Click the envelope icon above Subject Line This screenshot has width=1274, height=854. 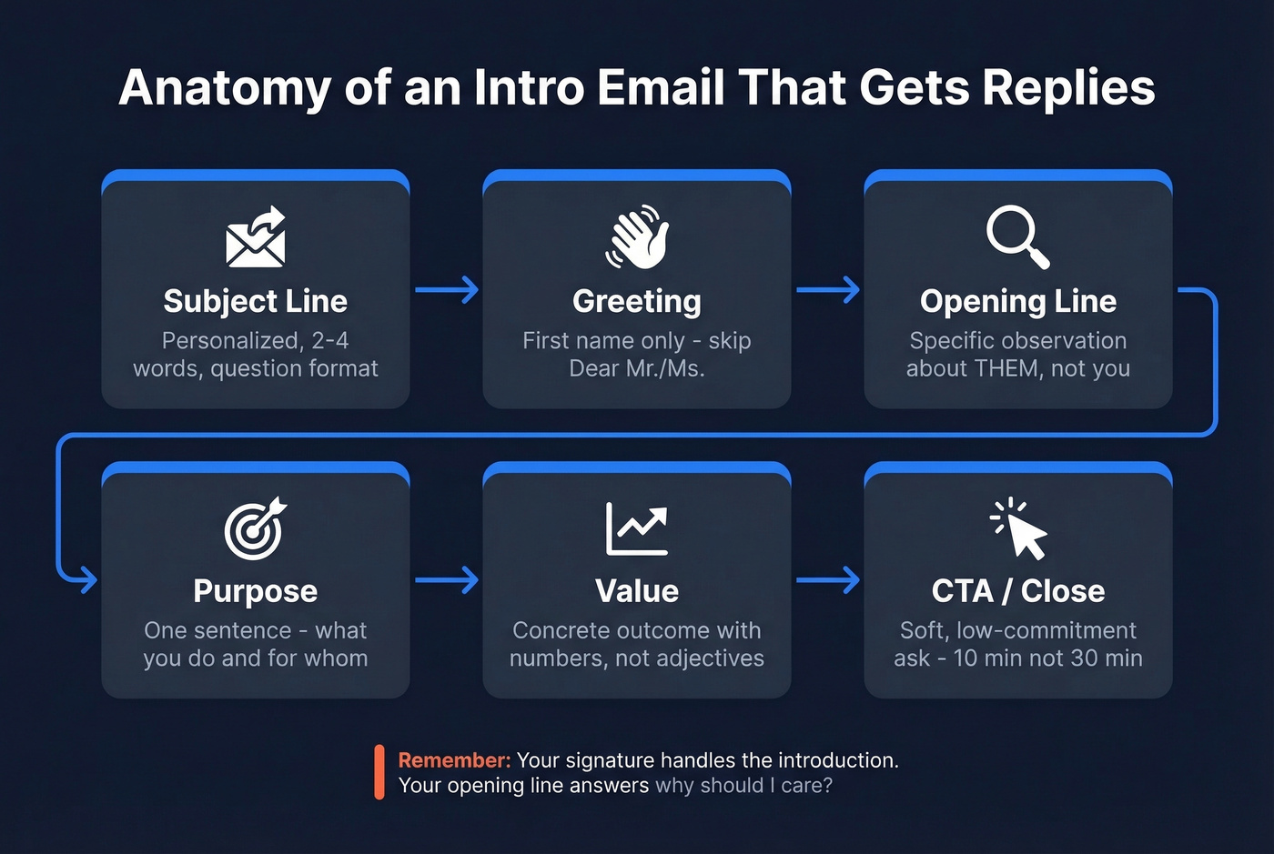point(256,238)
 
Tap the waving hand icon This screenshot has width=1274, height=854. point(637,237)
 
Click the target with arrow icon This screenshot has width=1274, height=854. point(256,528)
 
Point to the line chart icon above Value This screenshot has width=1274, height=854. point(637,528)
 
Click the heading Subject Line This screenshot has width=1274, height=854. point(256,301)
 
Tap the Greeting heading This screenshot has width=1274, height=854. point(637,301)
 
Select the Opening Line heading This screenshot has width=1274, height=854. point(1018,301)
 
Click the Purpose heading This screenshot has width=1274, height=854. point(256,591)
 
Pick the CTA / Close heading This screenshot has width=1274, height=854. point(1018,591)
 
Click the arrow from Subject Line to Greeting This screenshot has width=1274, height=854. point(447,290)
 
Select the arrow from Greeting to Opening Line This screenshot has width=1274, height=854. point(828,290)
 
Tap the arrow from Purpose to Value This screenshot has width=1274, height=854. point(447,580)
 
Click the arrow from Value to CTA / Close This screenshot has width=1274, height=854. point(828,580)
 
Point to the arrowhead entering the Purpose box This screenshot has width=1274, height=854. point(87,579)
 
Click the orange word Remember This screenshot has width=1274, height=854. point(454,760)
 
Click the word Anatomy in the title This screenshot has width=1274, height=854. point(225,88)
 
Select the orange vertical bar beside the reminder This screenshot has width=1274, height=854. point(379,772)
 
